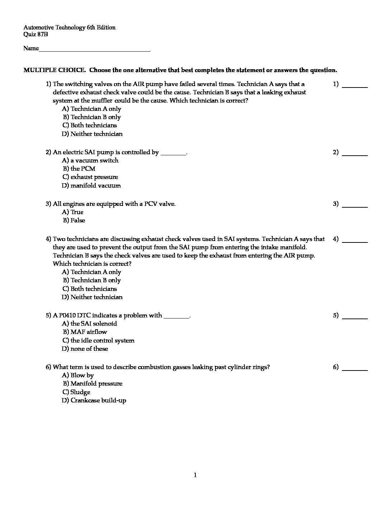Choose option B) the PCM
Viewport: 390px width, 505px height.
click(x=79, y=169)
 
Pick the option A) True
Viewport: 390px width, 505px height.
click(x=73, y=212)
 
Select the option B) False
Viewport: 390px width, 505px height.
click(x=74, y=220)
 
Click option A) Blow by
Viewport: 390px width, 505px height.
click(x=78, y=375)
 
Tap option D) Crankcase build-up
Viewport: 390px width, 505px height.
click(x=94, y=400)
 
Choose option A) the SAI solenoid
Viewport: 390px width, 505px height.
click(x=90, y=324)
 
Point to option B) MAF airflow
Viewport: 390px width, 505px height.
click(x=85, y=332)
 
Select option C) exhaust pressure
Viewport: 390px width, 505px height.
click(x=90, y=177)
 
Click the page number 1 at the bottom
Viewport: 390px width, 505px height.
click(x=195, y=475)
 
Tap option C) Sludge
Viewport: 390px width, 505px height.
click(x=76, y=392)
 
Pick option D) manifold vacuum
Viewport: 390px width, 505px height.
click(x=91, y=185)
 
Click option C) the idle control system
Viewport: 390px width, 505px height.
click(x=99, y=340)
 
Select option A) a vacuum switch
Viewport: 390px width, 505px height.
click(x=90, y=160)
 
